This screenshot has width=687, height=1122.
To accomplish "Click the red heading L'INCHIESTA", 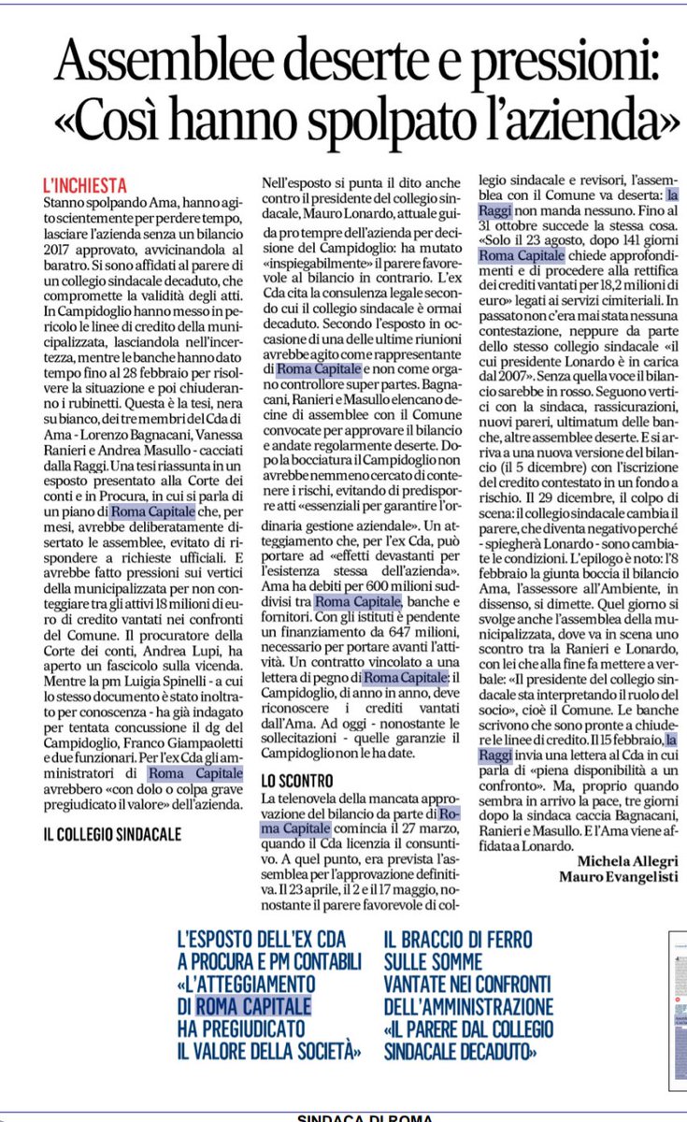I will pos(85,185).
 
